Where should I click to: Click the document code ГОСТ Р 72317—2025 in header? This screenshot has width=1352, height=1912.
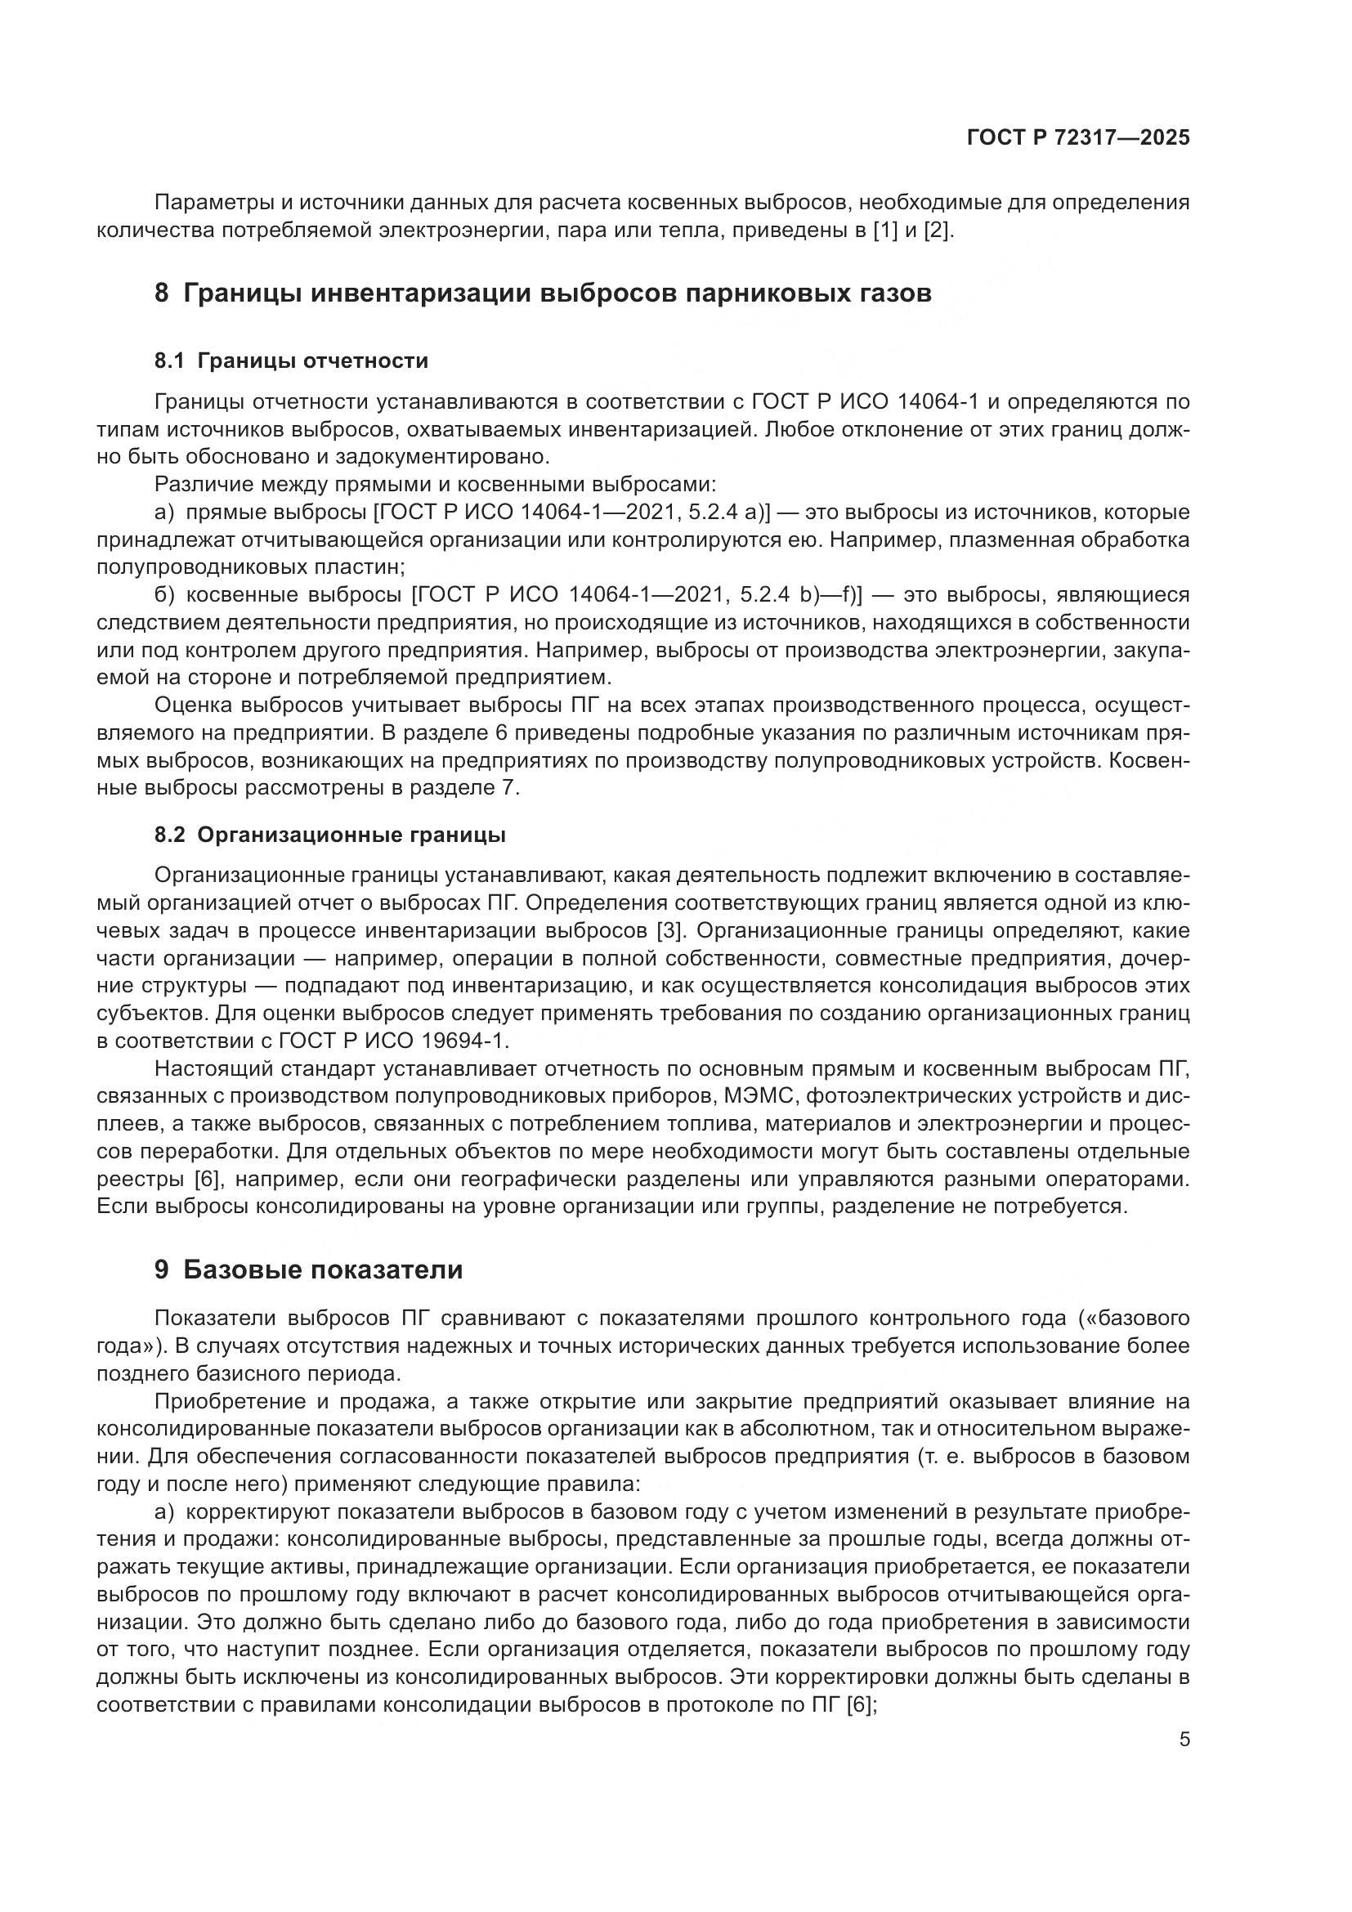1078,138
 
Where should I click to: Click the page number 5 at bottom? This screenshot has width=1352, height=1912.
1184,1739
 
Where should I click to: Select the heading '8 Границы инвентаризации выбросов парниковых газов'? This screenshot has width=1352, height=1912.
543,294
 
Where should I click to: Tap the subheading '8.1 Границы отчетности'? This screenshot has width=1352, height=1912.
291,360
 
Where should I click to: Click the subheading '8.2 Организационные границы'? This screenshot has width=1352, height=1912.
329,835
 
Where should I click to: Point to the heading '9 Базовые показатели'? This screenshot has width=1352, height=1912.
309,1270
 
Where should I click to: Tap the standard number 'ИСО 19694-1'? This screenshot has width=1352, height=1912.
438,1041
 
